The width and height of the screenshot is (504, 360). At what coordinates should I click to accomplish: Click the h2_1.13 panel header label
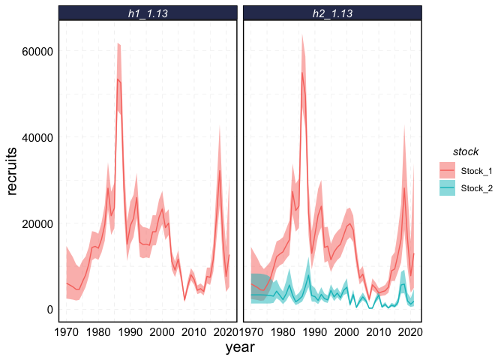pyautogui.click(x=332, y=13)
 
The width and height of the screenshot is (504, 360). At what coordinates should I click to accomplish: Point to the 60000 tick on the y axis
pyautogui.click(x=36, y=52)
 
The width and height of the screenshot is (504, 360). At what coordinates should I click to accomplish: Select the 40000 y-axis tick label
pyautogui.click(x=36, y=138)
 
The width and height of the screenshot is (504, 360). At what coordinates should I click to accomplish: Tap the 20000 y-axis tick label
pyautogui.click(x=36, y=224)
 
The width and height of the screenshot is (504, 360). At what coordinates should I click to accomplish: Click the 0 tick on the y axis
pyautogui.click(x=48, y=310)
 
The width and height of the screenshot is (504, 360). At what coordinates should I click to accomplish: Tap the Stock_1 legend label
pyautogui.click(x=477, y=170)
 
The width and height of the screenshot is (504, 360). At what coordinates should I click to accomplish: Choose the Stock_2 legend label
pyautogui.click(x=477, y=187)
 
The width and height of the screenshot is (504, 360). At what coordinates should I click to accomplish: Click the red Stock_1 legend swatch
pyautogui.click(x=446, y=170)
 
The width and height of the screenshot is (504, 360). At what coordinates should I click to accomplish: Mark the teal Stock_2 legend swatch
pyautogui.click(x=446, y=187)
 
